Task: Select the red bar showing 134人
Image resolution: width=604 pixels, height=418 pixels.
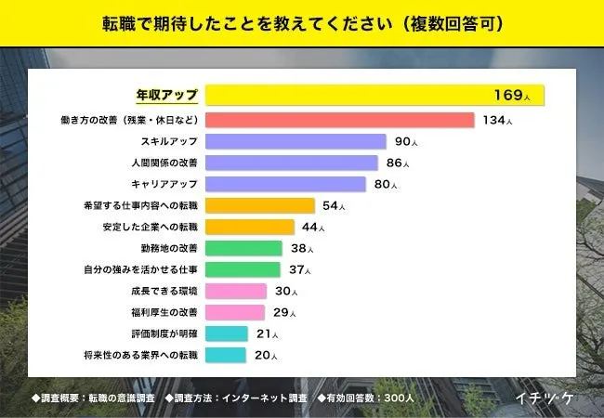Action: (339, 120)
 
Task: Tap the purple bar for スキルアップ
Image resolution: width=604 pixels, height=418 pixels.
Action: (295, 141)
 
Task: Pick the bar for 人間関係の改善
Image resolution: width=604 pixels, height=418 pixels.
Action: (292, 163)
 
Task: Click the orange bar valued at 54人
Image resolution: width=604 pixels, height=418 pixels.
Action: (260, 205)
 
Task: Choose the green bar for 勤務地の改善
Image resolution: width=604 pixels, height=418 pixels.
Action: (243, 248)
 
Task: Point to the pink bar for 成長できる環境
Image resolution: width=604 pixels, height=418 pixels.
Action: (236, 291)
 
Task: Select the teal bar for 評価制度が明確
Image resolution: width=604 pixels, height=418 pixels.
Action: (226, 333)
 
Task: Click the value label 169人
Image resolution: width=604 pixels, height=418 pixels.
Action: (512, 96)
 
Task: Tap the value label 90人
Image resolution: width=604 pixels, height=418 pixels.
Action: (406, 141)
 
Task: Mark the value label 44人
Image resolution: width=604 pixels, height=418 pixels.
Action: (313, 227)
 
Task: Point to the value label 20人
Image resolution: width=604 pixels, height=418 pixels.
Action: (265, 355)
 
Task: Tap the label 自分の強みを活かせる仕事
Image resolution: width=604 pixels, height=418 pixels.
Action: (140, 269)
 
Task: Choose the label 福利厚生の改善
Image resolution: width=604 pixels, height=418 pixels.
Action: (162, 312)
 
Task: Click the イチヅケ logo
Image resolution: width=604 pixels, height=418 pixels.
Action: (546, 398)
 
